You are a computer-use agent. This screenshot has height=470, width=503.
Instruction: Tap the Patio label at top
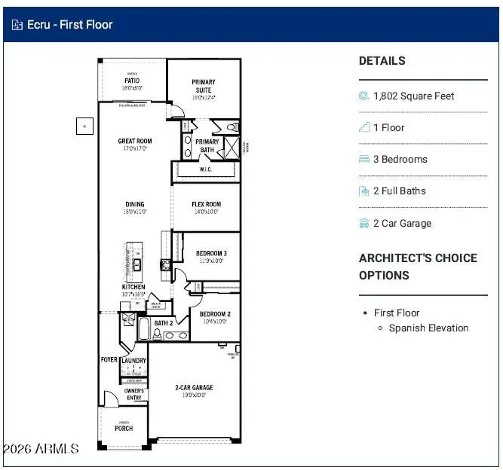click(x=132, y=81)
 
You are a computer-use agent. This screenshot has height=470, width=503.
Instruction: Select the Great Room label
click(x=135, y=141)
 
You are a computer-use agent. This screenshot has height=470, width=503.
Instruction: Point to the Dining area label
click(x=135, y=204)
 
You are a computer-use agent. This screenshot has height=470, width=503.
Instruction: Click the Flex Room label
click(x=206, y=204)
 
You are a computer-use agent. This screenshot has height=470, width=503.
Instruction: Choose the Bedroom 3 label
click(x=212, y=254)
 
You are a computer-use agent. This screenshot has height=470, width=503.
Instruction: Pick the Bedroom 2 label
click(x=215, y=314)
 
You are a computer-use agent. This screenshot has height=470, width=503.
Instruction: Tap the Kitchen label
click(x=133, y=287)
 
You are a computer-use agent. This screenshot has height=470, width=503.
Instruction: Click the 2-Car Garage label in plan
click(x=194, y=388)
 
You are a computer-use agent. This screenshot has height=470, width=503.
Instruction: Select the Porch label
click(x=124, y=429)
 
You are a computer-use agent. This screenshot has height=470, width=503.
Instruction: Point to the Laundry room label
click(x=133, y=361)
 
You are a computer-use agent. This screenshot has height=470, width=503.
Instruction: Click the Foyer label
click(x=109, y=360)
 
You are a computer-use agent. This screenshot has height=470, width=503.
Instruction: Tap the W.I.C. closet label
click(x=207, y=169)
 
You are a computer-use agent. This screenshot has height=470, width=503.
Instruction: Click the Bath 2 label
click(x=164, y=323)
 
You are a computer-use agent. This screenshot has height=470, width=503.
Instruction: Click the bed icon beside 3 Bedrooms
click(x=364, y=159)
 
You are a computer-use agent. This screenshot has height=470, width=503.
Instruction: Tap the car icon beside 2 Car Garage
click(x=364, y=223)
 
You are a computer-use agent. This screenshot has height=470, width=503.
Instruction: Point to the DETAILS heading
click(x=382, y=61)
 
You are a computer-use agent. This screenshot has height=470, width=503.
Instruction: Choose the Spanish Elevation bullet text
click(x=428, y=328)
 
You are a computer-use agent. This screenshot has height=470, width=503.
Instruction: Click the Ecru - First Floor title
click(x=70, y=24)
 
